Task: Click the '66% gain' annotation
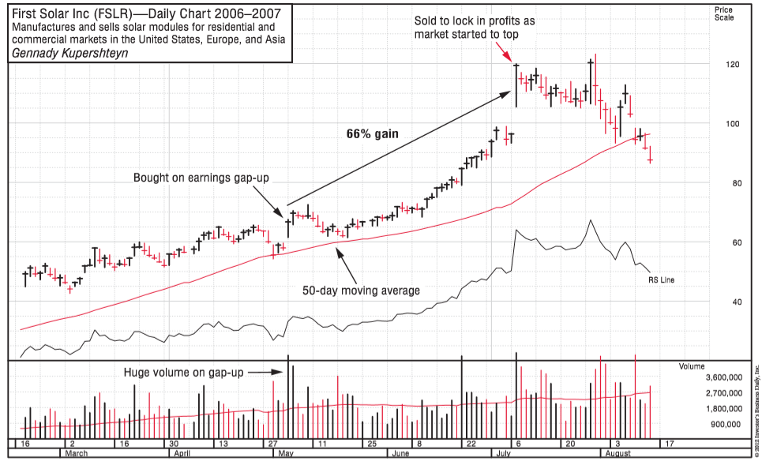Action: click(372, 134)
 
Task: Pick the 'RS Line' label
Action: click(662, 280)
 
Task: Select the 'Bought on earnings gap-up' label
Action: click(201, 178)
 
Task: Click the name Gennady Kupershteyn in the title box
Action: click(70, 54)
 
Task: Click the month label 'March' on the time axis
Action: click(76, 454)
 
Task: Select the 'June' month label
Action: click(400, 454)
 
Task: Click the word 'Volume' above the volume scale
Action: click(693, 366)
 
